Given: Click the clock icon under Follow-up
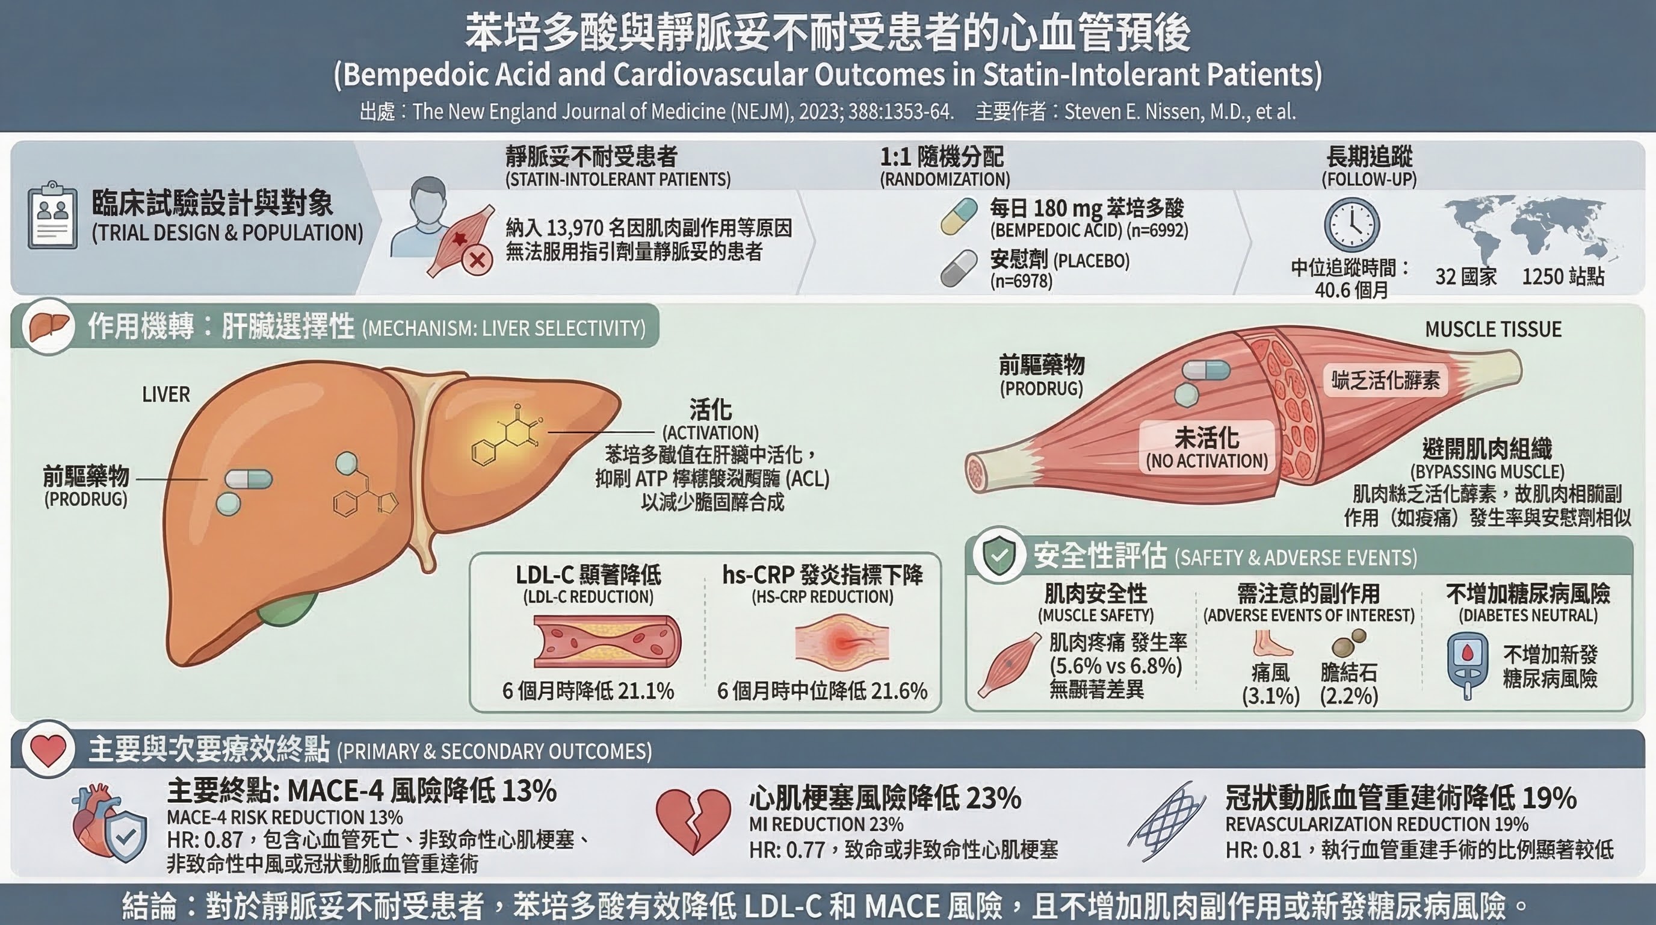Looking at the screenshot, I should click(1352, 225).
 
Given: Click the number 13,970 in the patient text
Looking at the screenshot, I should click(573, 228).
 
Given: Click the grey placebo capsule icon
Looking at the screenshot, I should click(959, 268).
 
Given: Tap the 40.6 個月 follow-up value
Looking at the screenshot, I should click(1352, 290).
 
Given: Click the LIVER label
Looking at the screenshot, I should click(166, 394).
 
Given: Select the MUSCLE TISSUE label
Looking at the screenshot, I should click(1493, 329).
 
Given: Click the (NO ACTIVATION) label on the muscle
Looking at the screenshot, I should click(1206, 461).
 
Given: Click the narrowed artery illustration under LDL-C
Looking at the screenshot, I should click(607, 641).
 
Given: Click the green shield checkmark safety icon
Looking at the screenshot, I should click(998, 556).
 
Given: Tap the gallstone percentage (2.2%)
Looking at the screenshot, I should click(1349, 696).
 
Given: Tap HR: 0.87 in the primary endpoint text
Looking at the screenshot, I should click(205, 839).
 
